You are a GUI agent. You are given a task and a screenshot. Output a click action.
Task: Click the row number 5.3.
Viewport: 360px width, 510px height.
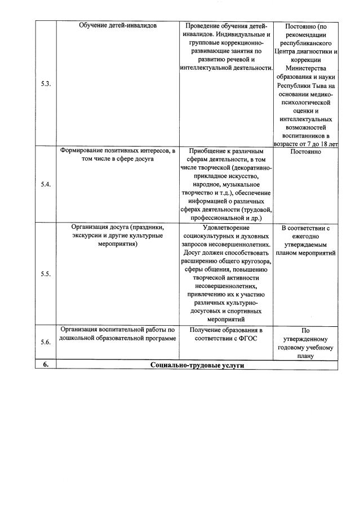[x=46, y=84]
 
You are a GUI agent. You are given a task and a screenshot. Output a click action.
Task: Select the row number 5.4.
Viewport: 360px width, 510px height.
[x=46, y=184]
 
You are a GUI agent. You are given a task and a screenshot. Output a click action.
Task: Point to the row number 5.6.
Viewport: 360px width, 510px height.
[x=46, y=342]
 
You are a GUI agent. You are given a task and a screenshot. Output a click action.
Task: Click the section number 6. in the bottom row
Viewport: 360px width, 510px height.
[x=46, y=365]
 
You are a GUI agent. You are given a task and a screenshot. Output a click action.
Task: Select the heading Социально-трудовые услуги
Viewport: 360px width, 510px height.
[x=197, y=365]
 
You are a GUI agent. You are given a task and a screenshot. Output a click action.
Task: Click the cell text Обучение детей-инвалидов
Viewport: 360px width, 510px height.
[x=118, y=26]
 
